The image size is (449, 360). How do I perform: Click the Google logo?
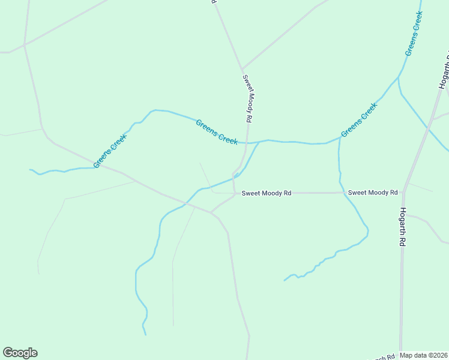[20, 353]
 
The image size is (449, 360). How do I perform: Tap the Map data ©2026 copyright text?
[424, 355]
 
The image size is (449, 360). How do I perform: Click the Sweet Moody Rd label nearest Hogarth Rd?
[373, 193]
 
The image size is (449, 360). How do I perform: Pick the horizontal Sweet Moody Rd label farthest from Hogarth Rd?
[267, 193]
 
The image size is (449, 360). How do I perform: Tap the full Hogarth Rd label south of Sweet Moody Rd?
[403, 228]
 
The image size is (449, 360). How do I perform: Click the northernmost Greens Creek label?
[414, 34]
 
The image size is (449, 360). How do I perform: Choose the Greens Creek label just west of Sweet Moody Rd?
[217, 131]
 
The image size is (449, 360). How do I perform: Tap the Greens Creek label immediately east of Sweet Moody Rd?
[359, 120]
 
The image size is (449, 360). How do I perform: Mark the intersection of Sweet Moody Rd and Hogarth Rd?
[403, 193]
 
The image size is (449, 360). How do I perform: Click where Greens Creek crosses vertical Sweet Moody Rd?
[247, 143]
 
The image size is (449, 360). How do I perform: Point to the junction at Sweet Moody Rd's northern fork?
[242, 70]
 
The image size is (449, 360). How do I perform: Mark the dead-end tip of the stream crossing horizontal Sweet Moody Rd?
[285, 280]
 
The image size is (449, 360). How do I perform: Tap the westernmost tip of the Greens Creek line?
[30, 170]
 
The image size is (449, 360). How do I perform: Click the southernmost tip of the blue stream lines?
[145, 334]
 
